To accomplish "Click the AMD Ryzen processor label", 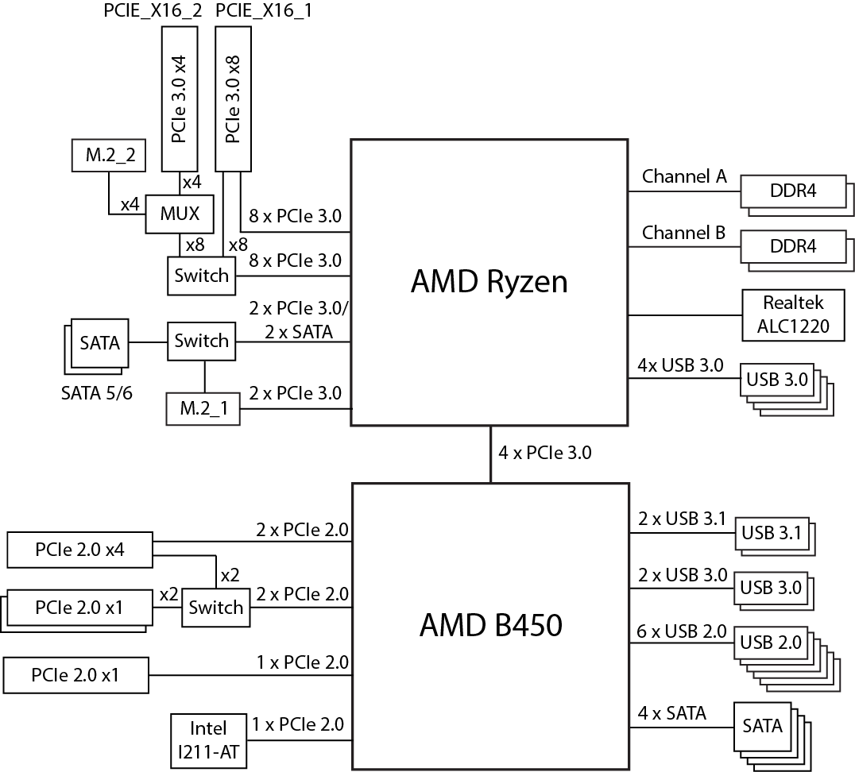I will tap(489, 282).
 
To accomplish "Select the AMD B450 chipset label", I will tap(490, 625).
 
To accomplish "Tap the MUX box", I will tap(180, 214).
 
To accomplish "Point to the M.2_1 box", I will tap(203, 408).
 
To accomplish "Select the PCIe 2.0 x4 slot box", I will tap(79, 550).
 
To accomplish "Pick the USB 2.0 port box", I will tap(772, 642).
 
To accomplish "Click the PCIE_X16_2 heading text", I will tap(153, 12).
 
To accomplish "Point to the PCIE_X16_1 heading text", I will tap(262, 12).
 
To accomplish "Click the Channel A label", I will tap(684, 176).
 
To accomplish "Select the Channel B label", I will tap(683, 233).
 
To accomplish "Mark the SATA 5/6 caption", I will tap(96, 392).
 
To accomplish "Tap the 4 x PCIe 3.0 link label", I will tap(544, 453).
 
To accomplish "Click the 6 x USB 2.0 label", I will tap(682, 631).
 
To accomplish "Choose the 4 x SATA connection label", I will tap(671, 713).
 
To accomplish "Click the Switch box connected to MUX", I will tap(202, 276).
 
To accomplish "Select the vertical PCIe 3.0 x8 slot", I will tap(234, 96).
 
